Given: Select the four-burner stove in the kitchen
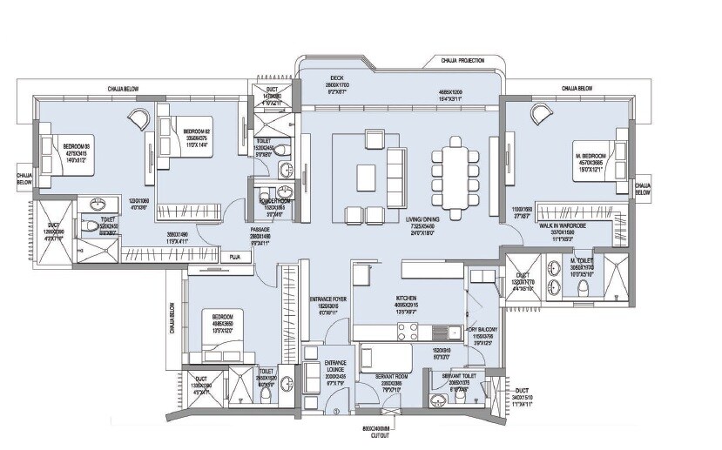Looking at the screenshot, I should coord(408,331).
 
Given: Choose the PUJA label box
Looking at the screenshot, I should coord(234,258).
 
